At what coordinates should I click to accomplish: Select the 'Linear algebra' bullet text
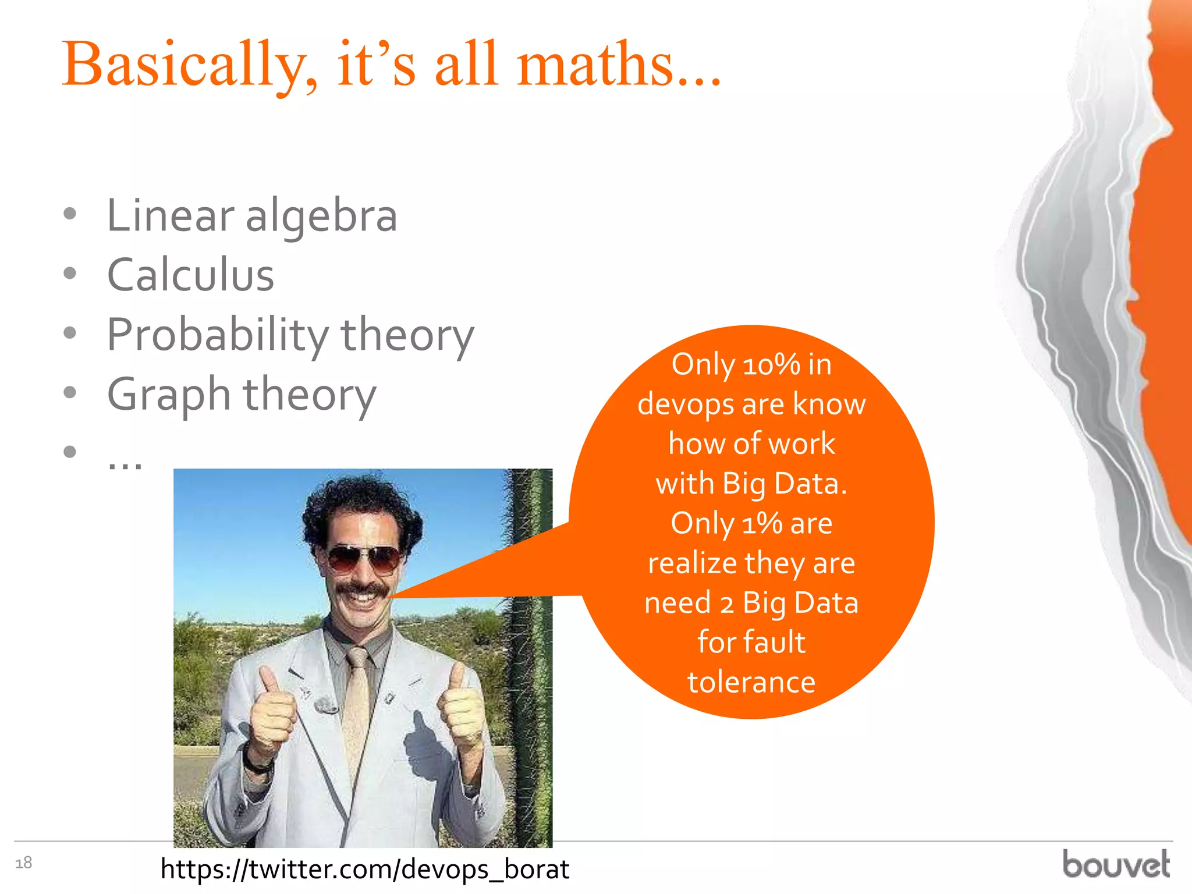pos(251,215)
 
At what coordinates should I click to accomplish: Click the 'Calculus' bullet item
pos(190,275)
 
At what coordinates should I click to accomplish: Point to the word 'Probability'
pos(218,335)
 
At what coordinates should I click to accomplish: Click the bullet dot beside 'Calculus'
pos(70,273)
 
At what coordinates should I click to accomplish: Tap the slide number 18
pos(23,863)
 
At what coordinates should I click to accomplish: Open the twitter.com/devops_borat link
pos(364,869)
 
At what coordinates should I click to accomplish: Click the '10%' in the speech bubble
pos(771,366)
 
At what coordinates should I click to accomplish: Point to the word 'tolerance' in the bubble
pos(751,682)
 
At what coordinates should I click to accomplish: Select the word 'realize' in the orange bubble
pos(693,563)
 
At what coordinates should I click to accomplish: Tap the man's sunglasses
pos(364,559)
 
